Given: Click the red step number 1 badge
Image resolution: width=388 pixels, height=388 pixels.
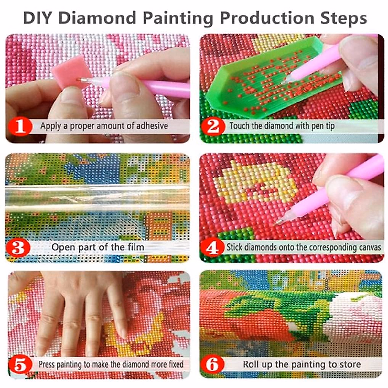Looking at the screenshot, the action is [20, 126].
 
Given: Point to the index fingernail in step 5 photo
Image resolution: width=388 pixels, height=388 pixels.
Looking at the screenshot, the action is [122, 333].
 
